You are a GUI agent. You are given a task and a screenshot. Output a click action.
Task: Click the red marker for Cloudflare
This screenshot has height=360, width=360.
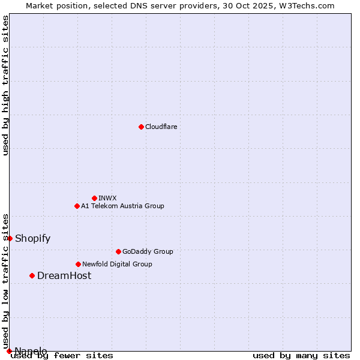pos(141,127)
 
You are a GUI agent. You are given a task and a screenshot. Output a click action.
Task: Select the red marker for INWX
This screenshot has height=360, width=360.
pos(94,198)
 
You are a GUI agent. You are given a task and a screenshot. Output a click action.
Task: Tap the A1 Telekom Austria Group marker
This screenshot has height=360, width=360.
pos(77,206)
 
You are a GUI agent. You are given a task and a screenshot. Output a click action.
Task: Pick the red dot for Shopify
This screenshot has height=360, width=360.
pos(10,238)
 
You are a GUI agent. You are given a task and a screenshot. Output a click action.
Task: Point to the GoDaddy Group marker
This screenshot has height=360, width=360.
pos(118,251)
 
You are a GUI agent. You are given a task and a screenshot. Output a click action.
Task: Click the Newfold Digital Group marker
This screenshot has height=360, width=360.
pos(78,264)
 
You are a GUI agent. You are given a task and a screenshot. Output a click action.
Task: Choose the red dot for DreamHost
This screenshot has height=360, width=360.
pos(32,275)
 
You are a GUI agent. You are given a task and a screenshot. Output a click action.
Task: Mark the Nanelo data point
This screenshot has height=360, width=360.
pos(9,351)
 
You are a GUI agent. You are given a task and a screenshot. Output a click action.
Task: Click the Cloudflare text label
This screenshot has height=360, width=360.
pos(161,127)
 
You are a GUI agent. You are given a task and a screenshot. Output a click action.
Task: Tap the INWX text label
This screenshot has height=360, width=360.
pos(108,198)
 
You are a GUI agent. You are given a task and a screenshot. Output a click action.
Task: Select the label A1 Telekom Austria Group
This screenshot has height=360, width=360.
pos(122,206)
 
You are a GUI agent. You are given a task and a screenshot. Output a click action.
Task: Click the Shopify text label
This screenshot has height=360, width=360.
pos(32,238)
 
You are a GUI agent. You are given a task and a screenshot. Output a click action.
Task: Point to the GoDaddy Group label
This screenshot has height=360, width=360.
pos(148,251)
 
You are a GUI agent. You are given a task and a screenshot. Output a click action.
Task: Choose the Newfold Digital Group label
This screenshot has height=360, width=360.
pos(117,264)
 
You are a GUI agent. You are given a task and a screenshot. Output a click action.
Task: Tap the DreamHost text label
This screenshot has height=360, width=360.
pos(64,275)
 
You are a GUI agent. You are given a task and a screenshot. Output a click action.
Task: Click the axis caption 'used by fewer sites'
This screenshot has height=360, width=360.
pos(62,355)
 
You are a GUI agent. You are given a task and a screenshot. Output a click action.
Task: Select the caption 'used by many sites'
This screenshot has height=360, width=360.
pos(301,355)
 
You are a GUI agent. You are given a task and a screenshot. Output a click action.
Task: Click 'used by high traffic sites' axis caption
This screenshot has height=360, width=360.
pos(5,85)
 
